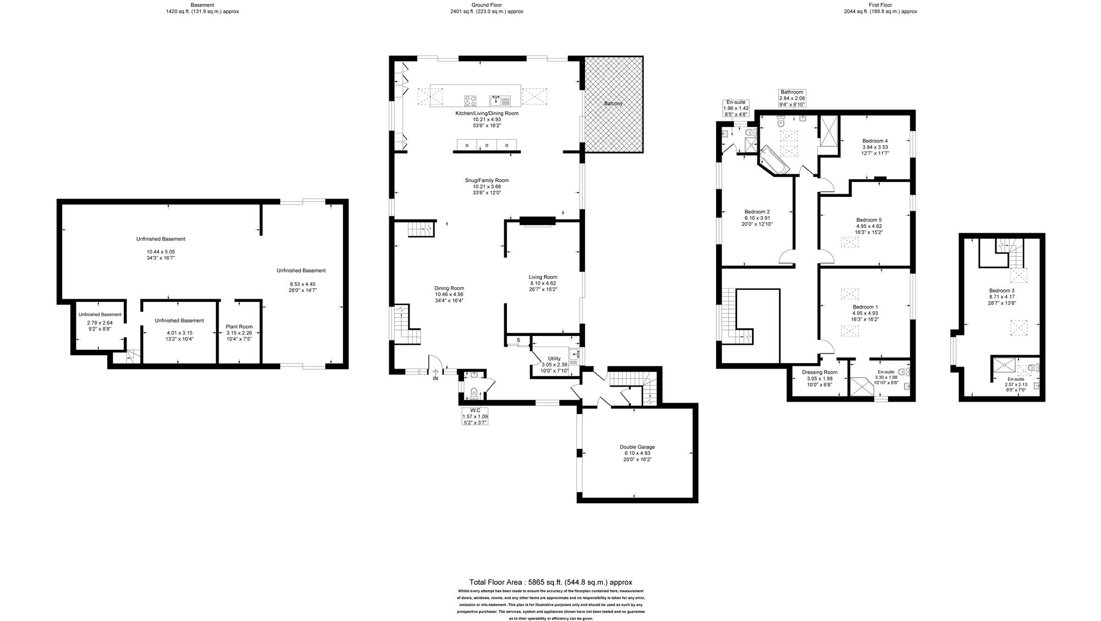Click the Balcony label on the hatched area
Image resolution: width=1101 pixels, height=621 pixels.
click(x=614, y=103)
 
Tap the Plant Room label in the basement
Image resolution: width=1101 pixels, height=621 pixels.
click(x=239, y=327)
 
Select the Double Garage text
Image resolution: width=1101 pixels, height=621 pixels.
click(x=637, y=447)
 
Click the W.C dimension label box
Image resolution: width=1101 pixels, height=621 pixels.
click(x=475, y=414)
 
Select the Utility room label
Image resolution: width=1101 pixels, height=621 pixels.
click(x=554, y=358)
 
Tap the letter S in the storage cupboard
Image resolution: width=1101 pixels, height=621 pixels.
click(x=518, y=340)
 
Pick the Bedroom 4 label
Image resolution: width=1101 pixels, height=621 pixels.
click(x=875, y=141)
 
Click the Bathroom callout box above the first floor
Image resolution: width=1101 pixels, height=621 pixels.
click(x=792, y=98)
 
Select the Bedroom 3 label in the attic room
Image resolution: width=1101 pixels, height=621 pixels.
click(x=1001, y=291)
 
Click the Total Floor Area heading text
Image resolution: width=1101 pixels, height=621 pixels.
click(x=550, y=582)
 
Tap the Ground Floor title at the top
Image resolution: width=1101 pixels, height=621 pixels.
click(x=487, y=5)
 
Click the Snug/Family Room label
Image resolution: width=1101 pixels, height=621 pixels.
click(x=487, y=180)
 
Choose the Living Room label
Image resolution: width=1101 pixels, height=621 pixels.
click(x=543, y=277)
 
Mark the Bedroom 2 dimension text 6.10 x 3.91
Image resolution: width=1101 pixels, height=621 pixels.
click(x=757, y=218)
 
